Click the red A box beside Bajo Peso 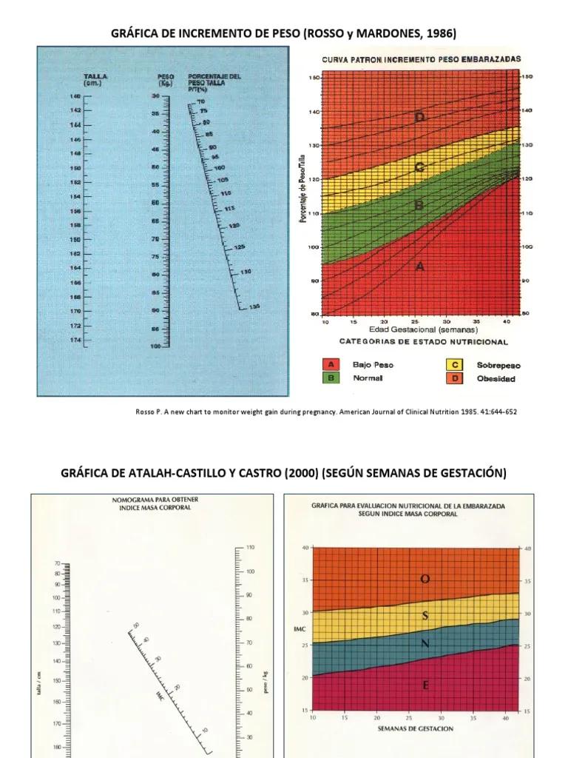(332, 365)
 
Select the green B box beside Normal (332, 378)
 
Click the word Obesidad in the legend (496, 378)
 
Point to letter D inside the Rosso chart (419, 118)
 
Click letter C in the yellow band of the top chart (419, 167)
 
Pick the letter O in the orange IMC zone (425, 579)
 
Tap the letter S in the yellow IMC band (425, 616)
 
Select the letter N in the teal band (425, 644)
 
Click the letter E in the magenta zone (425, 685)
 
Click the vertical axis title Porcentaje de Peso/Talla (304, 195)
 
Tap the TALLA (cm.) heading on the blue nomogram (93, 79)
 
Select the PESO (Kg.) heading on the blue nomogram (165, 79)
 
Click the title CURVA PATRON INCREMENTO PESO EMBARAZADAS (421, 58)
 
